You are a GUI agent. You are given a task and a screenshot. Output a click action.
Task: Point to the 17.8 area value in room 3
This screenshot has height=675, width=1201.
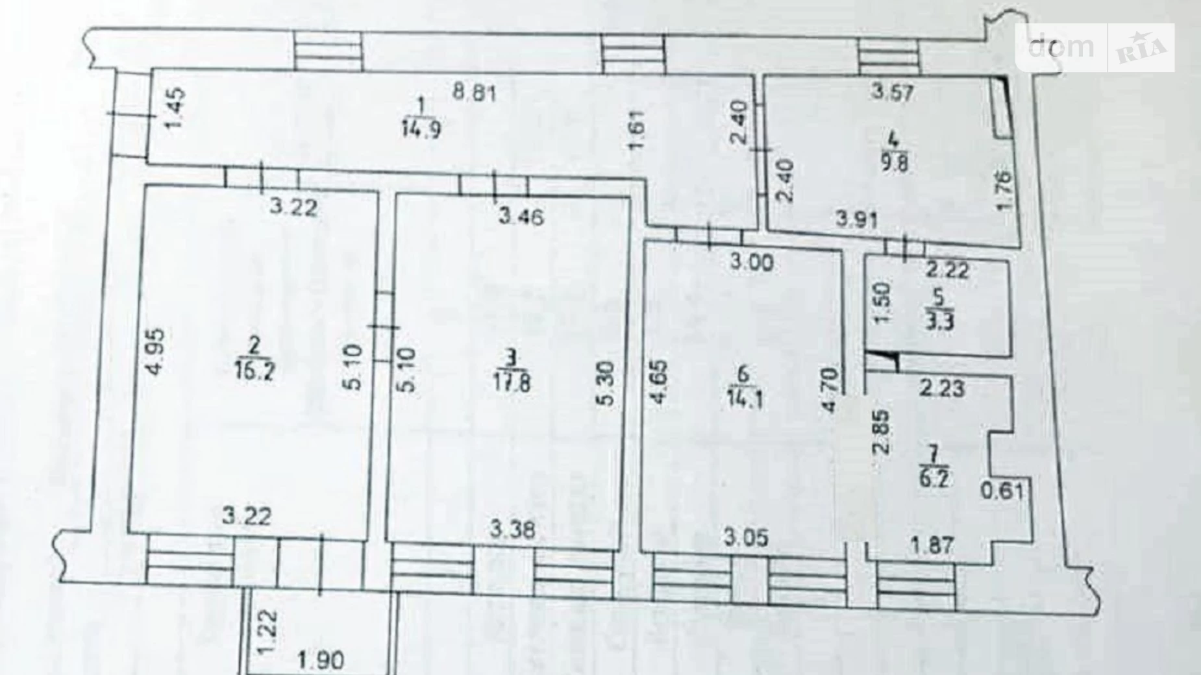pyautogui.click(x=512, y=382)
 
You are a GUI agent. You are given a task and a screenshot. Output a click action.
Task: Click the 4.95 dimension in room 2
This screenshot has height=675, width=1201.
pyautogui.click(x=156, y=352)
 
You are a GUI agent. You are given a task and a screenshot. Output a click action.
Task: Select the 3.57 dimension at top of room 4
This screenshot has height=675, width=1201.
pyautogui.click(x=893, y=92)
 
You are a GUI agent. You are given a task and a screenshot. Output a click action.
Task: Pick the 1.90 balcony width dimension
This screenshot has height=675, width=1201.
pyautogui.click(x=322, y=661)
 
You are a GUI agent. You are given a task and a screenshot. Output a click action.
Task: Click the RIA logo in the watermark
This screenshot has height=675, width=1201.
pyautogui.click(x=1142, y=48)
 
